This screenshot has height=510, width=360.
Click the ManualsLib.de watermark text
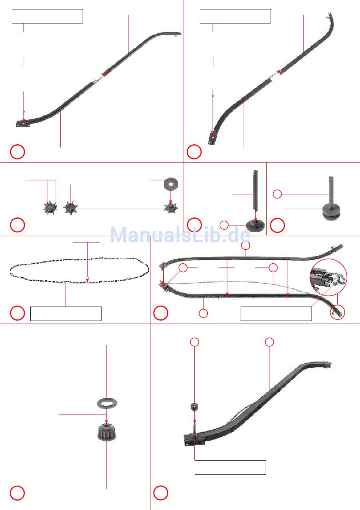coord(180,235)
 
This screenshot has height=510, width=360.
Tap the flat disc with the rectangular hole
coord(171,184)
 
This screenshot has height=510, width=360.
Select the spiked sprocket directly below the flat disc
coord(171,208)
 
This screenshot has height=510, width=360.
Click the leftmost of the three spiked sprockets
coord(50,208)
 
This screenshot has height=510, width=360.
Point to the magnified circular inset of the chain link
coord(328,277)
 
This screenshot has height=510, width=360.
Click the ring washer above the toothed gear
coord(107,403)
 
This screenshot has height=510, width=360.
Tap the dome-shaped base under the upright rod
coord(256,225)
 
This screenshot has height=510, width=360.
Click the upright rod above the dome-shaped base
coord(256,190)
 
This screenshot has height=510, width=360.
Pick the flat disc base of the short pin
coord(331,212)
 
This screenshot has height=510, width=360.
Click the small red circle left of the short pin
coord(277,194)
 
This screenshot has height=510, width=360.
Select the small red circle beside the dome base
coord(224,225)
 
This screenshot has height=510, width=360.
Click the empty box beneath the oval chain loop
coord(66,313)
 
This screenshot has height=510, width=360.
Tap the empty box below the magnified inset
coord(276,313)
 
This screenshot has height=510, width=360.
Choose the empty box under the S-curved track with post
coord(230,468)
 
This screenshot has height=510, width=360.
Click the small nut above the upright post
coord(194,407)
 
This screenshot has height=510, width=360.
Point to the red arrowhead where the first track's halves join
coord(107,73)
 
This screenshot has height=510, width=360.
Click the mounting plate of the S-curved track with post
coord(194,440)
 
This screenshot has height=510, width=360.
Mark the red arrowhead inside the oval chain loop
coord(87,280)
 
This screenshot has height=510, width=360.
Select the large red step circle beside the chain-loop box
coord(17,313)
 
